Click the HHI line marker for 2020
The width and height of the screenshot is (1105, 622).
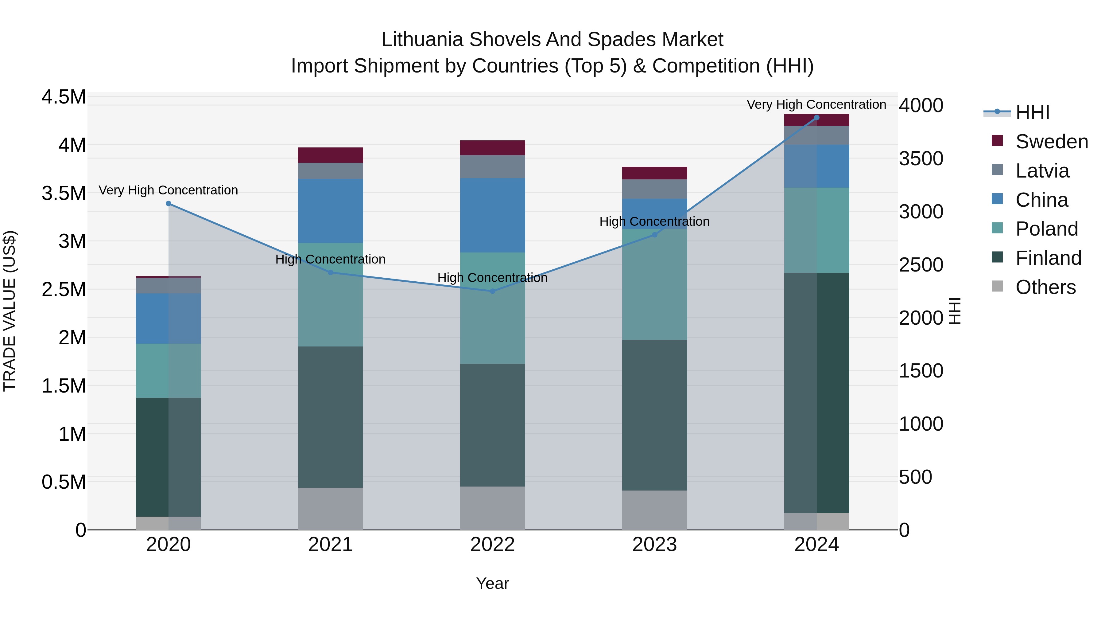[x=169, y=203]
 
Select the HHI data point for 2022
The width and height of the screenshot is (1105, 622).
[x=492, y=291]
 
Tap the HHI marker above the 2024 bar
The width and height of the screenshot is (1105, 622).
[x=817, y=118]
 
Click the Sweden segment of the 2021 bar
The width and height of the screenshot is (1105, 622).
[x=330, y=155]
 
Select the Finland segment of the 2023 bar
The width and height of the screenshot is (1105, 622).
[x=655, y=415]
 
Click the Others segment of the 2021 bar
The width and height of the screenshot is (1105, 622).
[x=330, y=508]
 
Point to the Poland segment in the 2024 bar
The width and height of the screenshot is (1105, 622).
[x=817, y=230]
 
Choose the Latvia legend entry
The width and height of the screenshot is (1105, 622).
[x=1042, y=171]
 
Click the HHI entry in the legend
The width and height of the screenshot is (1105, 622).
[x=1032, y=112]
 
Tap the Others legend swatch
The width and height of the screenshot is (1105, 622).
[x=997, y=286]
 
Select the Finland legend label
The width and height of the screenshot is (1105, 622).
[x=1049, y=258]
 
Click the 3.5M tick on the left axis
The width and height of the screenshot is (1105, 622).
[x=64, y=193]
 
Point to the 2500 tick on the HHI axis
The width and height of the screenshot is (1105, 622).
[x=921, y=265]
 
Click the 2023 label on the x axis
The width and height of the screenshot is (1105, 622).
[x=655, y=545]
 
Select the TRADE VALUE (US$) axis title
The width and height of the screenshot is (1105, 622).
[x=10, y=311]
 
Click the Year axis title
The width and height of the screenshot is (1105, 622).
[x=492, y=583]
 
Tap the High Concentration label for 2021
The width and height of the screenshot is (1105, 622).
[x=330, y=259]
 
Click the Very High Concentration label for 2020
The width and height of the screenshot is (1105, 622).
[x=168, y=190]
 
